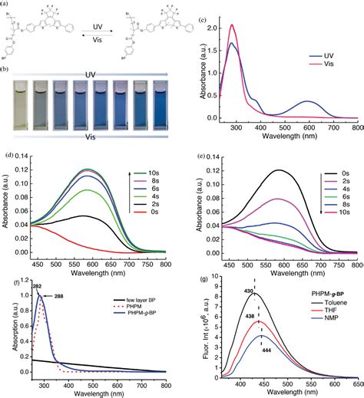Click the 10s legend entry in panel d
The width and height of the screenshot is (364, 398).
click(x=154, y=163)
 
